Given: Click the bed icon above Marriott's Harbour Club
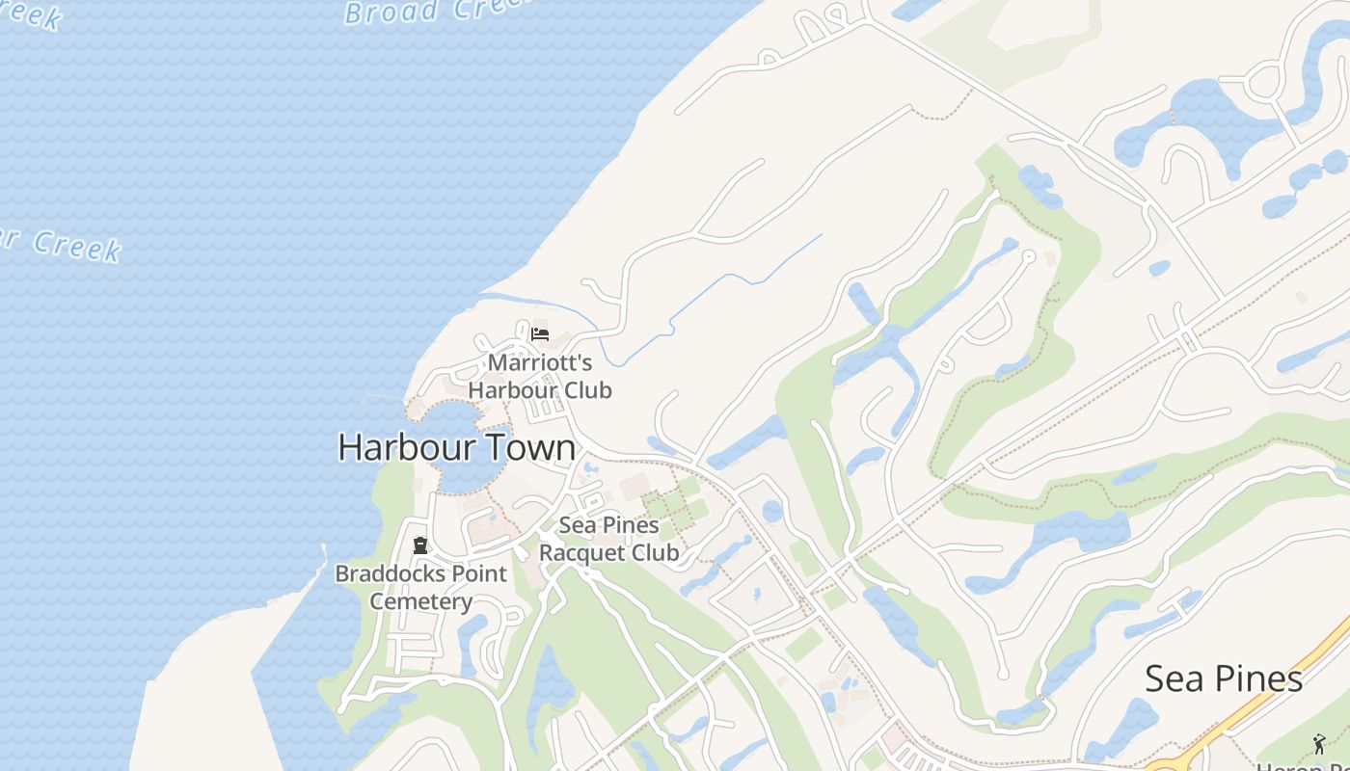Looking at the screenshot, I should tap(540, 334).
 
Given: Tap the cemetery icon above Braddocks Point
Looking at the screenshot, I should tap(420, 545).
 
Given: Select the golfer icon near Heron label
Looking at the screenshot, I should tap(1319, 743).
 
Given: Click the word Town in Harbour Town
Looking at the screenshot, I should tap(531, 447).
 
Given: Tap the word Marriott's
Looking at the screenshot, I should tap(540, 363).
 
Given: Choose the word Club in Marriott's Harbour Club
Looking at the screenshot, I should tap(581, 390).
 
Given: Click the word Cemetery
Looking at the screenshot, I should tap(421, 602).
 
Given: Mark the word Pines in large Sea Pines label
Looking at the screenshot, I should tap(1253, 678).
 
